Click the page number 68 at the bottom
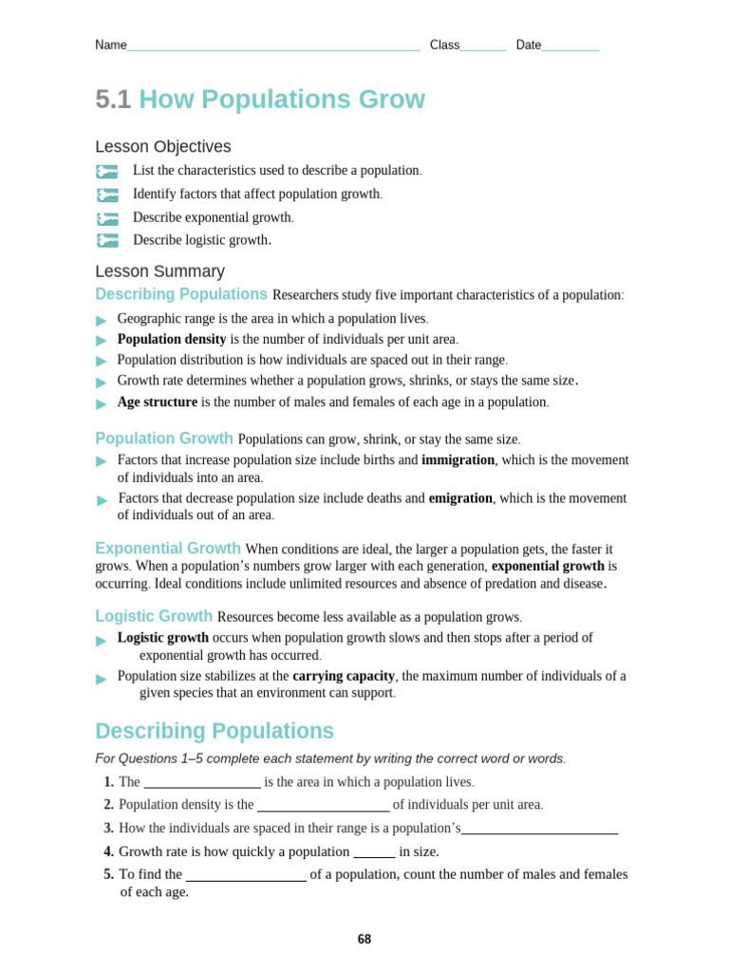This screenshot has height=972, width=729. (x=364, y=940)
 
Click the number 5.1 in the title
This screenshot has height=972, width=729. (x=113, y=100)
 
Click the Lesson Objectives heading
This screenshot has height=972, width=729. (x=162, y=147)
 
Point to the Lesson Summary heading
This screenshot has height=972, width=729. (x=159, y=271)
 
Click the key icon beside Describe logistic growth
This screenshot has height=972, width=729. (x=107, y=241)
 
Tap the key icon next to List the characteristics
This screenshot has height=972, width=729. (x=107, y=172)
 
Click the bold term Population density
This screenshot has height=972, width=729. (x=172, y=339)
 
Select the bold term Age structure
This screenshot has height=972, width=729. (x=158, y=402)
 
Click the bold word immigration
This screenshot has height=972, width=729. (x=458, y=459)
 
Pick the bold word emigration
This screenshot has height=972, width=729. (x=460, y=498)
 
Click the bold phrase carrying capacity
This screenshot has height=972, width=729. (x=344, y=676)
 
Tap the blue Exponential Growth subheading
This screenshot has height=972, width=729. (x=168, y=549)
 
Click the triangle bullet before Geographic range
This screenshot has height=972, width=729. (x=102, y=321)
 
